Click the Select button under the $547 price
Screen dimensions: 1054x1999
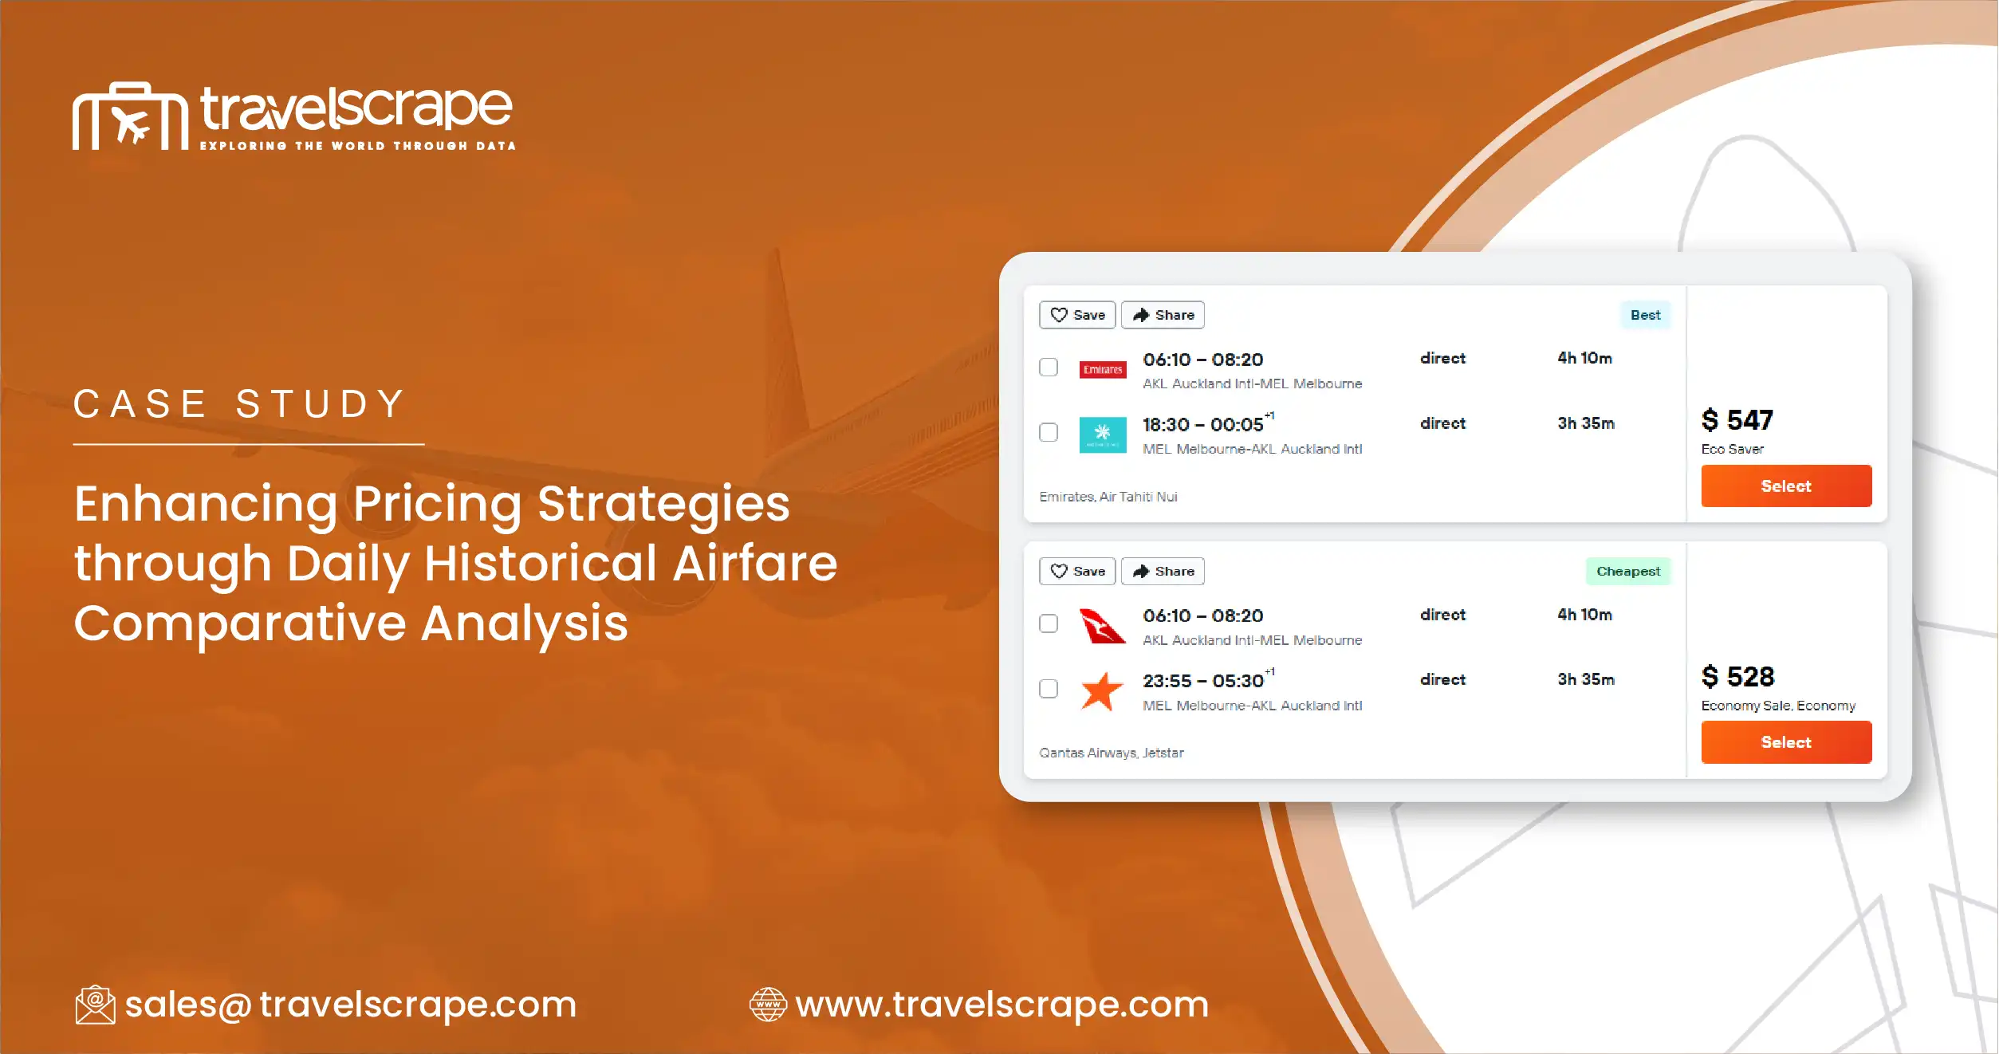[x=1785, y=486]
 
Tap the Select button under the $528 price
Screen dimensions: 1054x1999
[x=1785, y=742]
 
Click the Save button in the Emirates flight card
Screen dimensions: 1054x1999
[x=1076, y=315]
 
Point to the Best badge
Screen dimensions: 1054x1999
[x=1644, y=315]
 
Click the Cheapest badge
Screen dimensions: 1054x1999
[x=1627, y=571]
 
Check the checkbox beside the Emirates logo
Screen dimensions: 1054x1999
[x=1048, y=368]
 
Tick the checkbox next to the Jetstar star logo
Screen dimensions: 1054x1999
[x=1048, y=689]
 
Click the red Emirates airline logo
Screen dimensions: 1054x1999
[x=1102, y=369]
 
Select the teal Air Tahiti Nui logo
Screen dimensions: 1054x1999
[x=1102, y=435]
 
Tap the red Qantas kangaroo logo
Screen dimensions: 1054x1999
[x=1102, y=626]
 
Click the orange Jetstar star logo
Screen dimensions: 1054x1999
[x=1102, y=690]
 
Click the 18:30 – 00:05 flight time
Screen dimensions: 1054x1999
[x=1202, y=425]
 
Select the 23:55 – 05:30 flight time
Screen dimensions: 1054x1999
[x=1202, y=681]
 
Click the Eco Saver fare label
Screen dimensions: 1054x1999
[x=1732, y=449]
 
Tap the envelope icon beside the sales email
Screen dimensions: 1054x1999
[x=95, y=1005]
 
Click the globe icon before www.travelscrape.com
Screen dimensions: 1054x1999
[x=768, y=1005]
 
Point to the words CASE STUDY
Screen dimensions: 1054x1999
[x=240, y=403]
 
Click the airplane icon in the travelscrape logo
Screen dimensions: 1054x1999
[x=130, y=124]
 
